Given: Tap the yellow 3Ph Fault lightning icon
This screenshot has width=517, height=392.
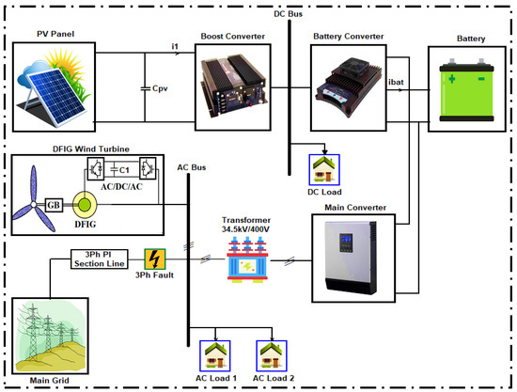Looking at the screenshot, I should tap(156, 259).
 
